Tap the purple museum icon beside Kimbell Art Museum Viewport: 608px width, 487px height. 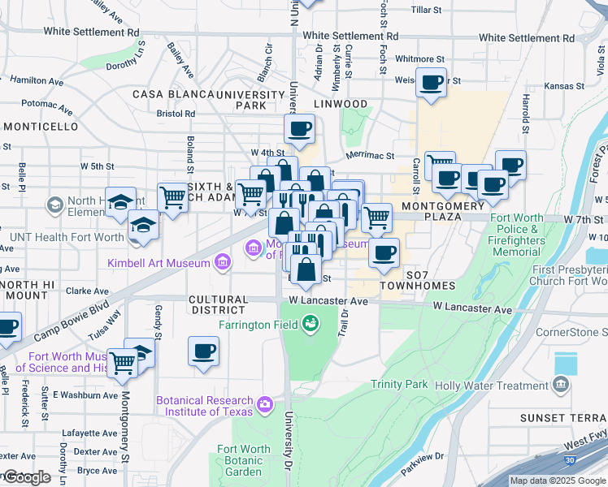(220, 262)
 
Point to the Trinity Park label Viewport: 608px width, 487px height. (399, 384)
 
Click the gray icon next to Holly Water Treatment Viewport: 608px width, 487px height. (561, 385)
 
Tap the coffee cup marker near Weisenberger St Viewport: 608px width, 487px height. (432, 82)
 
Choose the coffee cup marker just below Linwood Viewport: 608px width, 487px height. (299, 128)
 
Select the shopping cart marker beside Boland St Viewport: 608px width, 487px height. (172, 196)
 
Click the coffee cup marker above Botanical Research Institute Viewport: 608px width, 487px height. (203, 351)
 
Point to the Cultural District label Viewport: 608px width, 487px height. (217, 304)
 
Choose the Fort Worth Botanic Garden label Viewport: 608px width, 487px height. (244, 460)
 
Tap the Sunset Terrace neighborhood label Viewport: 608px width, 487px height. (563, 418)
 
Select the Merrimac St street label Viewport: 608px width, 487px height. (369, 155)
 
